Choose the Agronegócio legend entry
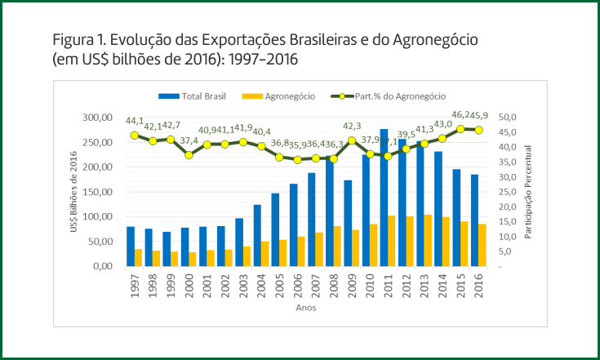287,96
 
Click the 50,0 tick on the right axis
508,118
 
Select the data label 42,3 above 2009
352,127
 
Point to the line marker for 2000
189,155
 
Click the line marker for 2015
460,129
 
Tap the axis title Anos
306,309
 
